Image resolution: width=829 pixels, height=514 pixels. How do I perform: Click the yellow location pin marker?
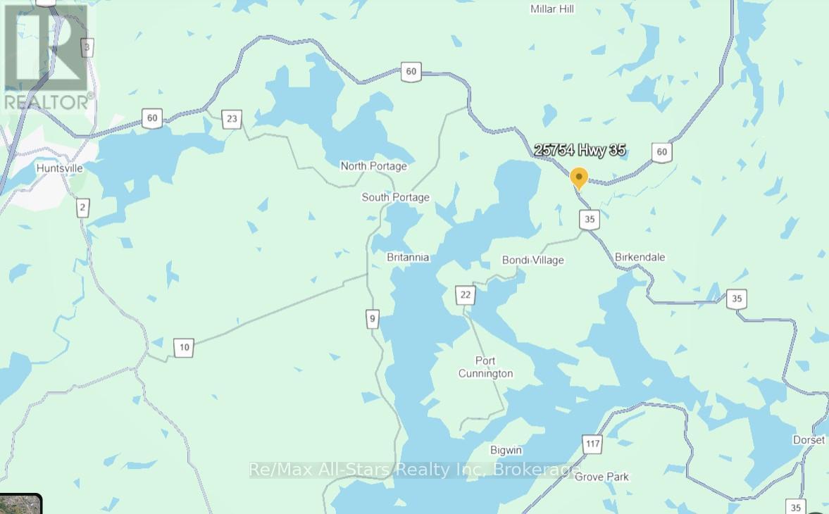click(x=578, y=178)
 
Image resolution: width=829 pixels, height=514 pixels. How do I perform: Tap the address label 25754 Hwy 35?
click(x=580, y=150)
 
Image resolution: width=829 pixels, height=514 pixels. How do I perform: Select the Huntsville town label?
click(x=60, y=169)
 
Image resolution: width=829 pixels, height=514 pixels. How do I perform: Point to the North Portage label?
click(x=373, y=166)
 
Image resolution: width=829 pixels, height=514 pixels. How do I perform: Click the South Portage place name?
click(x=395, y=197)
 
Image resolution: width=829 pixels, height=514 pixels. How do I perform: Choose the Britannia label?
click(x=408, y=258)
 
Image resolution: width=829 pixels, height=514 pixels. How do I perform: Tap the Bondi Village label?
click(x=532, y=261)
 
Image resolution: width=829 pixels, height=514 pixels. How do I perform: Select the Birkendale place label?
click(x=640, y=257)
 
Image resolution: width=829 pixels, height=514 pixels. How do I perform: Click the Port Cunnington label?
click(x=485, y=368)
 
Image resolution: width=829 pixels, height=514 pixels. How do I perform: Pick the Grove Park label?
click(x=602, y=477)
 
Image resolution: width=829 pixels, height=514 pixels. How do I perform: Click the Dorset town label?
click(x=808, y=440)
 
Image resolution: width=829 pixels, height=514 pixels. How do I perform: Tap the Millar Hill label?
click(x=551, y=9)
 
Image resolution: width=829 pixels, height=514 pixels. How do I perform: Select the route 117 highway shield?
click(x=592, y=444)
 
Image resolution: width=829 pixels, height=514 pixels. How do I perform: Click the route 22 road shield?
click(x=465, y=295)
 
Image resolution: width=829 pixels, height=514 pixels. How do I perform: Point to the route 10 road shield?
click(x=184, y=347)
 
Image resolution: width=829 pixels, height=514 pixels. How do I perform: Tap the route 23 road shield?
click(x=232, y=119)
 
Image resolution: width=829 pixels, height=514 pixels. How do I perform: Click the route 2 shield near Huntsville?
click(x=83, y=207)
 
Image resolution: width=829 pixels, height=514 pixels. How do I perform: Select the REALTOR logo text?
click(x=48, y=103)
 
